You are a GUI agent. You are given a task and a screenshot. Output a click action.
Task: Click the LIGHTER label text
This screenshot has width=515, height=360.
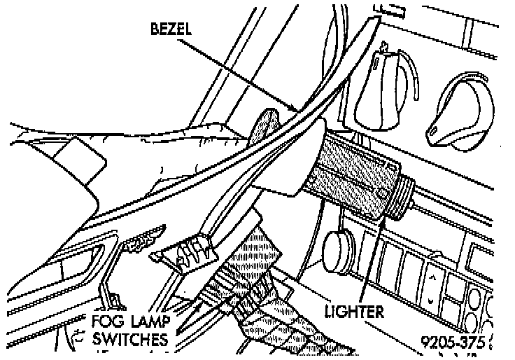[x=353, y=310]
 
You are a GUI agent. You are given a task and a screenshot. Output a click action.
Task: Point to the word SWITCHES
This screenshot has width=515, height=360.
[x=130, y=340]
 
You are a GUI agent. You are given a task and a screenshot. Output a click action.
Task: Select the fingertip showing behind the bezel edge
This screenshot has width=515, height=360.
[x=262, y=123]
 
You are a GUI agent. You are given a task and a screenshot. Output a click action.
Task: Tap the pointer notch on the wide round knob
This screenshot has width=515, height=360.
[x=435, y=132]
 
